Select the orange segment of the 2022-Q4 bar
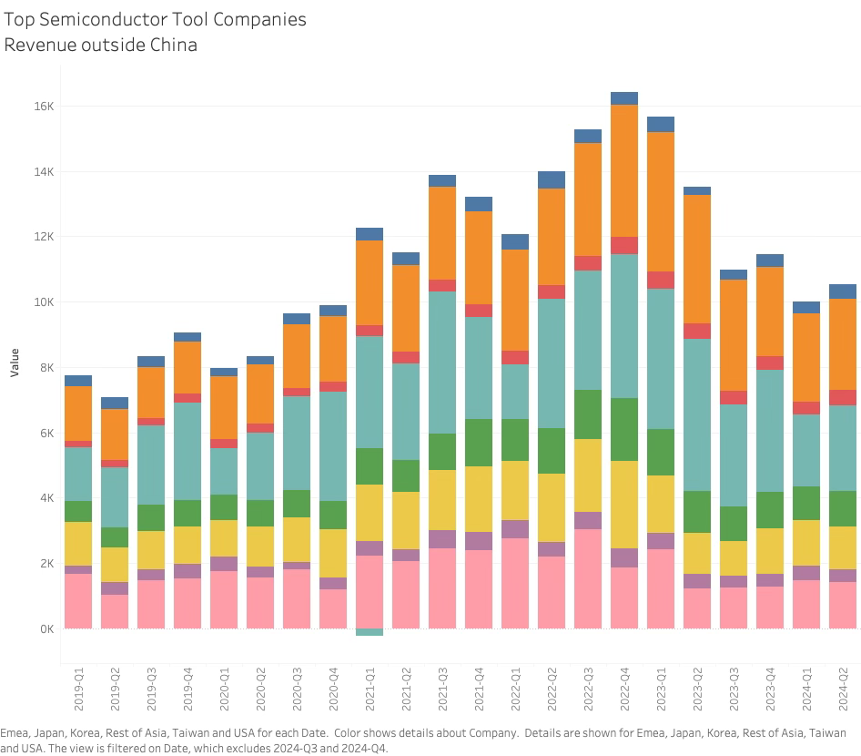(x=624, y=170)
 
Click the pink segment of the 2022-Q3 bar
(x=588, y=578)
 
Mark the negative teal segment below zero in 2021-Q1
(x=370, y=632)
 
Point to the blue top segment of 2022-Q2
(x=552, y=179)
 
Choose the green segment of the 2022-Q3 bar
(x=588, y=414)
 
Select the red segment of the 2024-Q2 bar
(x=843, y=397)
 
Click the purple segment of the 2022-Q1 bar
(x=515, y=529)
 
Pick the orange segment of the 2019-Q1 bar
(x=78, y=414)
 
